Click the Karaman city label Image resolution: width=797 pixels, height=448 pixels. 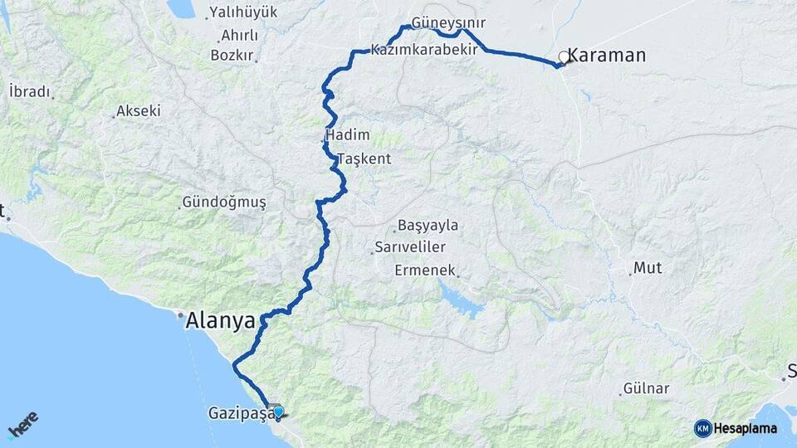click(607, 56)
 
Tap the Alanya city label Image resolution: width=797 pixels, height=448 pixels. click(220, 320)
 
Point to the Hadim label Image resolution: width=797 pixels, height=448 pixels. click(349, 135)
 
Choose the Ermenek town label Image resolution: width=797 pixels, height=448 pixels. click(425, 270)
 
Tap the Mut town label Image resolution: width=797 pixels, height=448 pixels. click(648, 267)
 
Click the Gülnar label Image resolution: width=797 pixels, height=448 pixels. click(645, 388)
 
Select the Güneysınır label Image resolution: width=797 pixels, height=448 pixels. click(448, 23)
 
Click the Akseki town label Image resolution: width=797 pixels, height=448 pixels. click(139, 110)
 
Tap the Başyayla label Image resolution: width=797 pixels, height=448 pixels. click(428, 225)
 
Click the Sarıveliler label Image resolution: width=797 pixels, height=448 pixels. click(411, 247)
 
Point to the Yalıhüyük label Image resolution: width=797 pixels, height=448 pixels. click(243, 12)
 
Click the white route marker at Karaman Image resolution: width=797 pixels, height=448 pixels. click(565, 57)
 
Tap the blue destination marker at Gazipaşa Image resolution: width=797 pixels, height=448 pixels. click(277, 411)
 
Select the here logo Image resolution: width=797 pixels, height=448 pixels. click(23, 425)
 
